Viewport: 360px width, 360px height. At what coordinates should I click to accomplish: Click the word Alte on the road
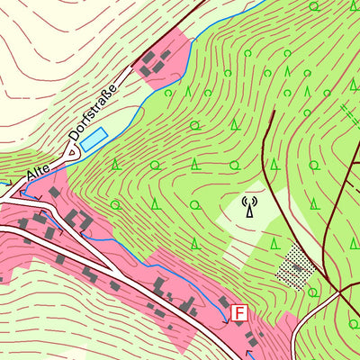(39, 171)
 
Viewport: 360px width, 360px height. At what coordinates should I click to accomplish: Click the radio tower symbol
(249, 207)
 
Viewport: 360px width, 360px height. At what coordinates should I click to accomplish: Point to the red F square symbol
(238, 314)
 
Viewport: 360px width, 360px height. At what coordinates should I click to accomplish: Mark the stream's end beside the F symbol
(225, 319)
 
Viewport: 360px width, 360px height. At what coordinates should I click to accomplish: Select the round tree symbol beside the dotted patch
(312, 292)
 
